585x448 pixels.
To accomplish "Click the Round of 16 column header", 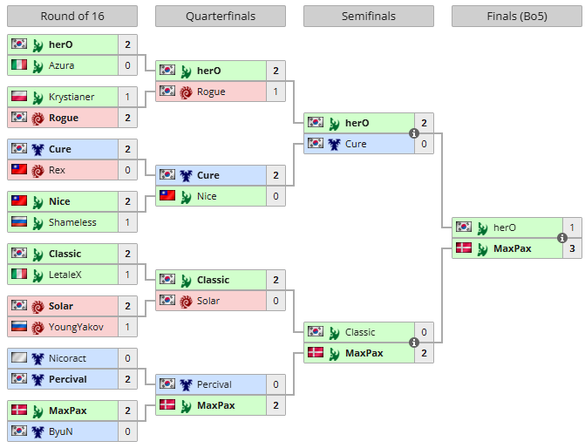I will click(x=71, y=17).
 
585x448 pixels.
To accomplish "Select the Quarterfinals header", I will click(x=220, y=17).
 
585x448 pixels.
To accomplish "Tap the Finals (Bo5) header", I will click(x=516, y=17).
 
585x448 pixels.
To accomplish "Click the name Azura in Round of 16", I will click(x=61, y=65).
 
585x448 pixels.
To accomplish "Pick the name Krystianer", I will click(x=71, y=97).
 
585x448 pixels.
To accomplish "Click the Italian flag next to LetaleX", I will click(x=18, y=275).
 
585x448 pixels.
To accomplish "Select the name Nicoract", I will click(x=68, y=358).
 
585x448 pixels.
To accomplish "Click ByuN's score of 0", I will click(x=127, y=431).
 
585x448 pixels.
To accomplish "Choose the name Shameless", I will click(x=72, y=222).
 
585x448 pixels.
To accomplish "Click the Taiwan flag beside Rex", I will click(x=18, y=170).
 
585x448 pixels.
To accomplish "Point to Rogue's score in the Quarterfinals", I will click(x=275, y=92).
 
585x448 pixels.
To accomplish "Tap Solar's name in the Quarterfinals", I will click(x=209, y=301).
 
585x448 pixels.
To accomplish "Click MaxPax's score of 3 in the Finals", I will click(x=572, y=248).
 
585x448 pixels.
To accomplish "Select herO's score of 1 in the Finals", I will click(x=572, y=227).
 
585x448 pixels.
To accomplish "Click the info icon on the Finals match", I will click(x=562, y=238).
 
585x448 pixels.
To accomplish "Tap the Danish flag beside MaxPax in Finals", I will click(x=463, y=248).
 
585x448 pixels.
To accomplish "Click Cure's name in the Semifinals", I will click(x=356, y=144).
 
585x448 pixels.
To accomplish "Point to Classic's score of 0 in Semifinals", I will click(x=424, y=332).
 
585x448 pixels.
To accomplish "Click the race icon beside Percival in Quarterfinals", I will click(x=186, y=384).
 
